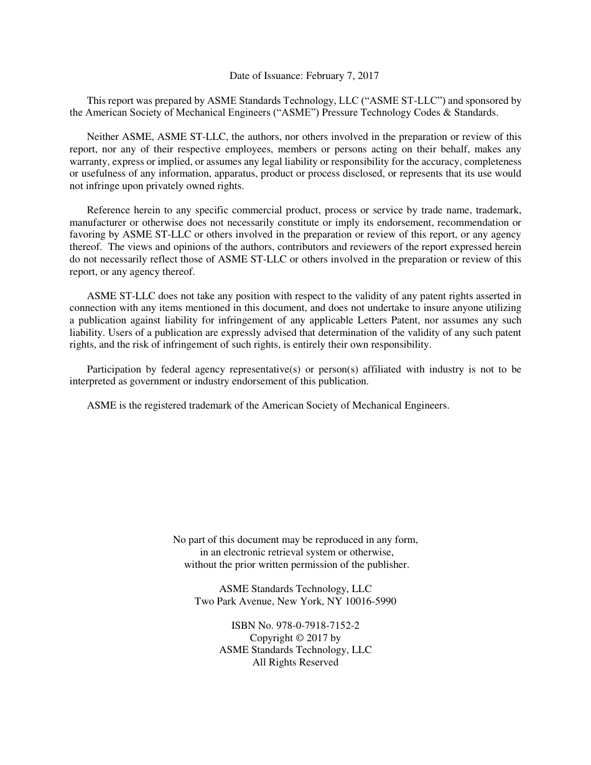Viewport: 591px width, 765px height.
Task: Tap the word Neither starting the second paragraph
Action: tap(103, 137)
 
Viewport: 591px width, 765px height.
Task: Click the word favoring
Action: tap(88, 234)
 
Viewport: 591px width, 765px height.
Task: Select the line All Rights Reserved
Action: tap(295, 662)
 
